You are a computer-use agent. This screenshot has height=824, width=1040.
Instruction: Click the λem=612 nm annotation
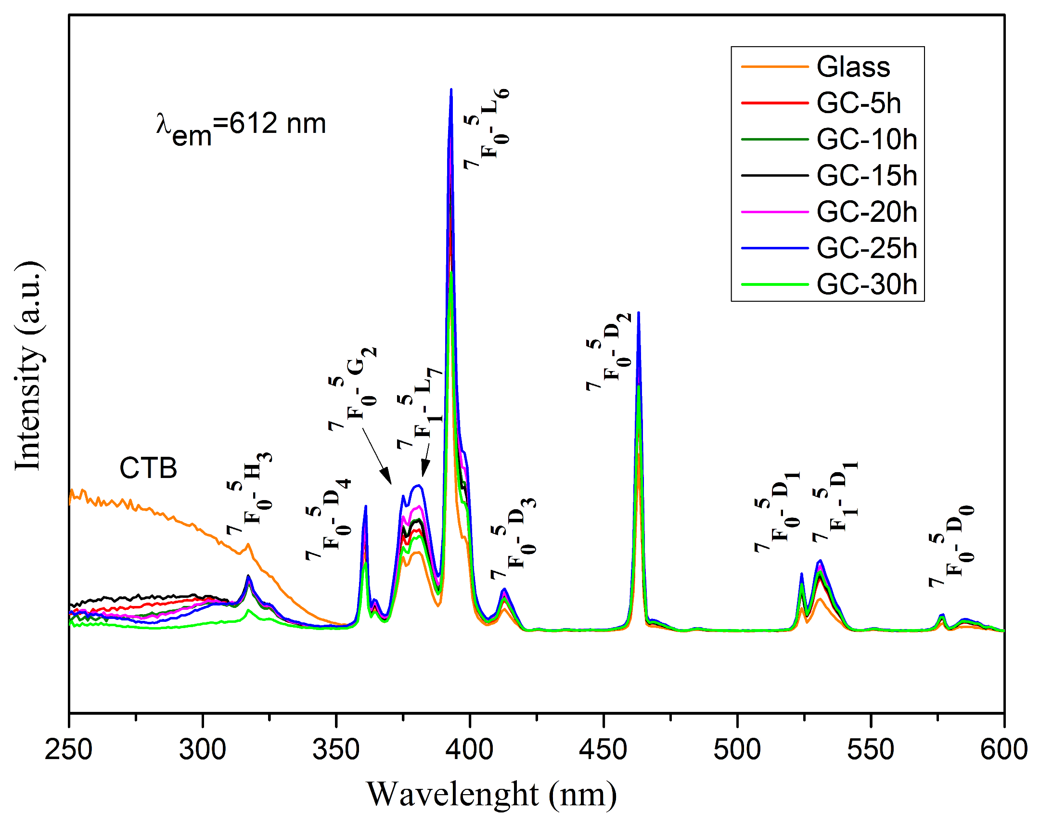pos(241,127)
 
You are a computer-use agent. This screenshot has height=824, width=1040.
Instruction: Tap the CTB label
pos(148,468)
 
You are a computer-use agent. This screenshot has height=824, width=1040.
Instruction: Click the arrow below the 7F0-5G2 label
pos(377,456)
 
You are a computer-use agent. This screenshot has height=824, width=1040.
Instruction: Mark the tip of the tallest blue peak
pos(451,90)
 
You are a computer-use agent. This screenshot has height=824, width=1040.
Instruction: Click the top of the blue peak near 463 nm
pos(639,313)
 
